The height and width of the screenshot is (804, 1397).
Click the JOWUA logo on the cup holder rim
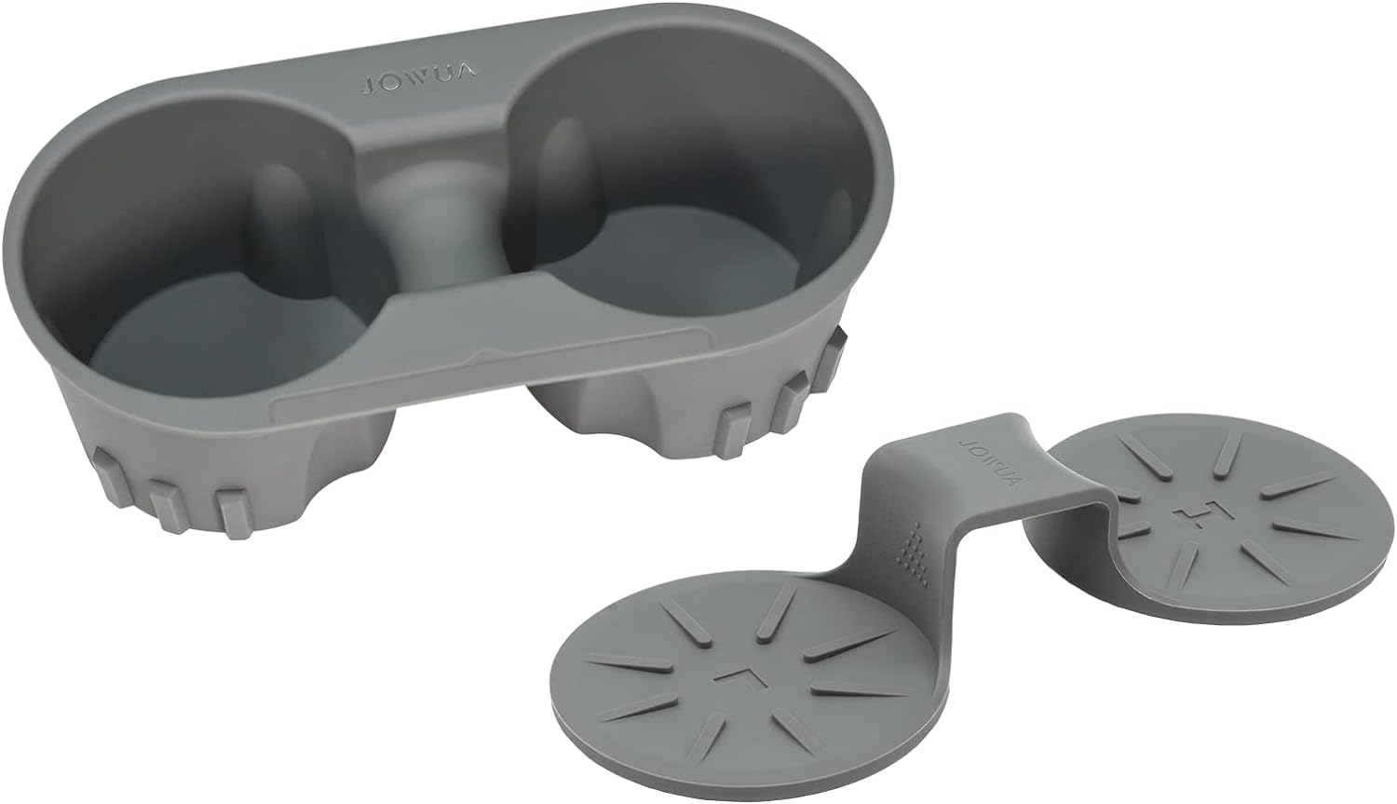point(419,85)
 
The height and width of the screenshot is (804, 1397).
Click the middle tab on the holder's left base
point(166,494)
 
